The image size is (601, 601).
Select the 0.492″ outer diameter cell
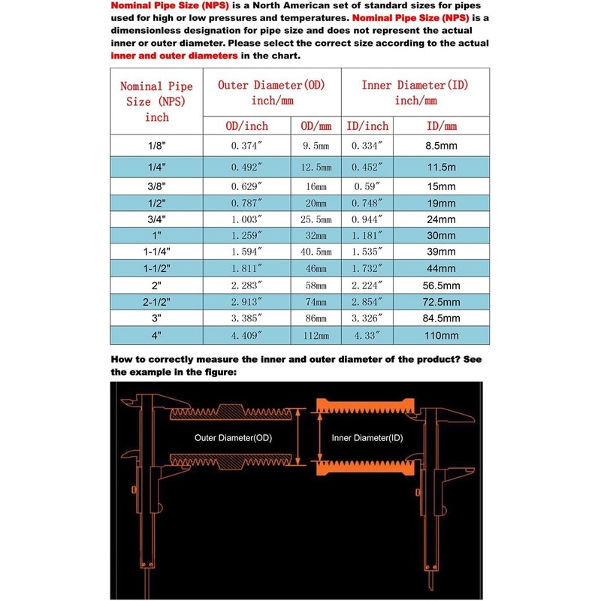tap(246, 167)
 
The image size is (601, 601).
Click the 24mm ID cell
tap(441, 220)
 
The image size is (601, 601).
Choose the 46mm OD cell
tap(316, 268)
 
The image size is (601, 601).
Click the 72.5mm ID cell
tap(441, 301)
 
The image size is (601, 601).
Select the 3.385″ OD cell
tap(246, 318)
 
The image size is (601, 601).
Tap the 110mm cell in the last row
tap(441, 335)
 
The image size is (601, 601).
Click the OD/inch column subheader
tap(246, 125)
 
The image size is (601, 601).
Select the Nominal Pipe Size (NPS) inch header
tap(156, 101)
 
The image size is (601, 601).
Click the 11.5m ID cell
tap(441, 167)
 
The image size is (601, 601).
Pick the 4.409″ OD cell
tap(246, 335)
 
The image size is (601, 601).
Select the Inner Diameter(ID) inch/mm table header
tap(415, 92)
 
